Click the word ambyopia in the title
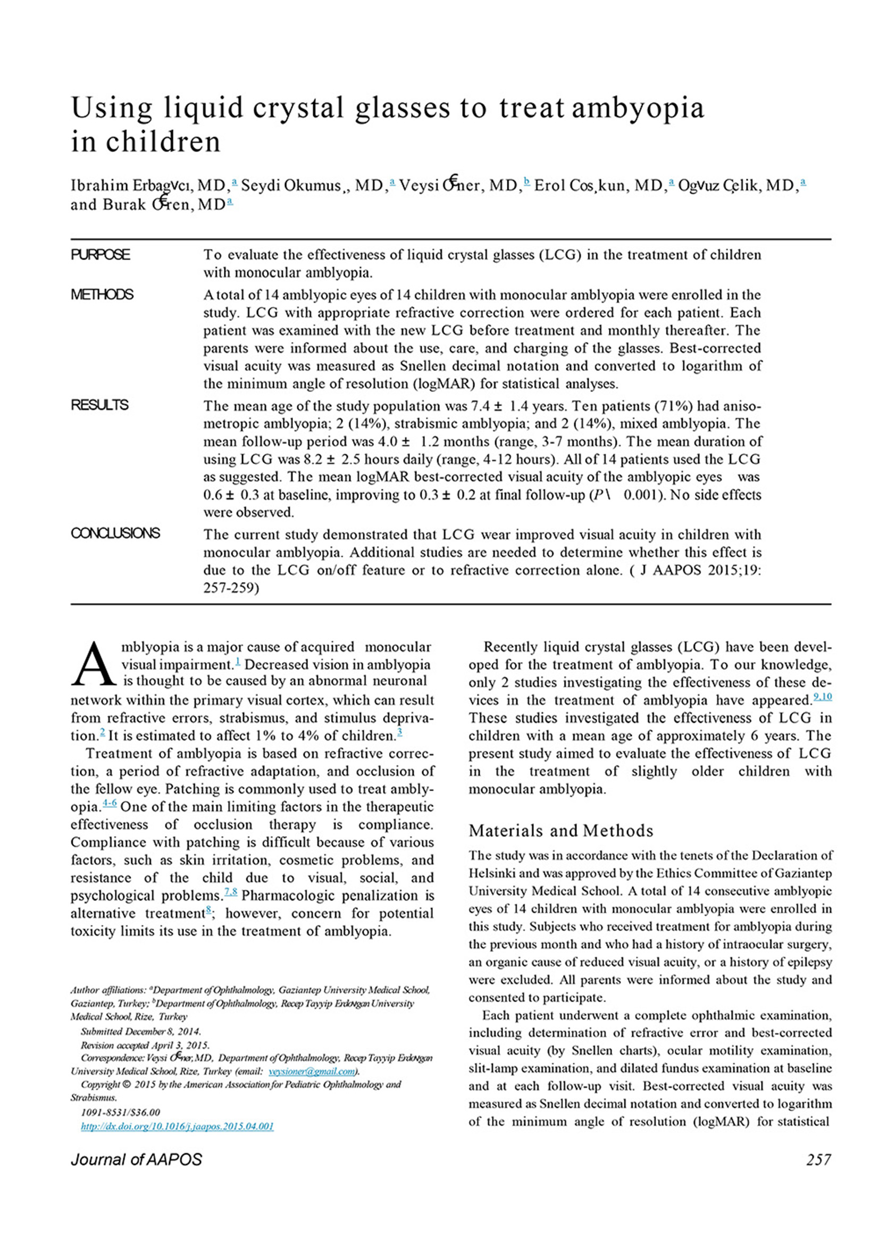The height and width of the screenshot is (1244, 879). coord(638,108)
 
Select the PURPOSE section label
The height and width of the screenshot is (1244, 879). coord(100,255)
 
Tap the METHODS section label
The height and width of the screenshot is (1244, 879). coord(102,295)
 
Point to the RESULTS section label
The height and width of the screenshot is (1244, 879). coord(99,405)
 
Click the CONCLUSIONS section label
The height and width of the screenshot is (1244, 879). coord(115,533)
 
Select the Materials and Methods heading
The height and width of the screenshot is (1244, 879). coord(561,831)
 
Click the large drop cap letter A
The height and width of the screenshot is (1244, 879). coord(94,664)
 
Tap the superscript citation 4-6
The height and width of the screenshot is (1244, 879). coord(110,804)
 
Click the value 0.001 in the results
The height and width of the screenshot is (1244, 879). coord(641,495)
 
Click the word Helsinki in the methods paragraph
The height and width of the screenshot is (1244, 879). coord(492,873)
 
